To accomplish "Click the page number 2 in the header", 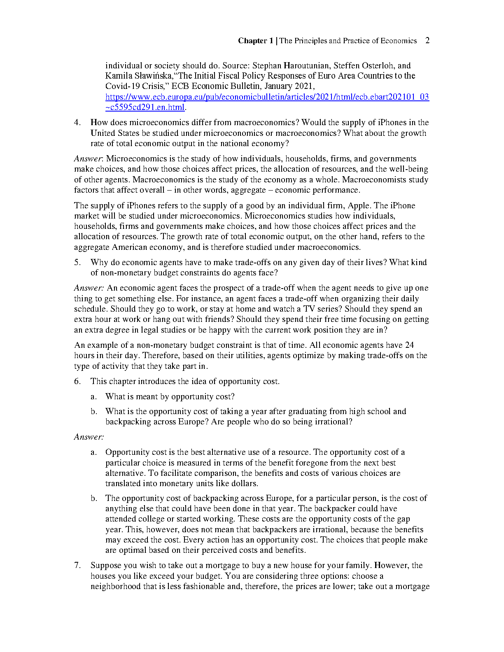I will [427, 40].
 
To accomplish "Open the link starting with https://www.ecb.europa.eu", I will [267, 97].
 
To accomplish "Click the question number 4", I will [77, 123].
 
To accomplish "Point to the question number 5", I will [77, 263].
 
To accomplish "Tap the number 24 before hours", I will [409, 345].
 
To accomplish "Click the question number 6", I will [77, 382].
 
